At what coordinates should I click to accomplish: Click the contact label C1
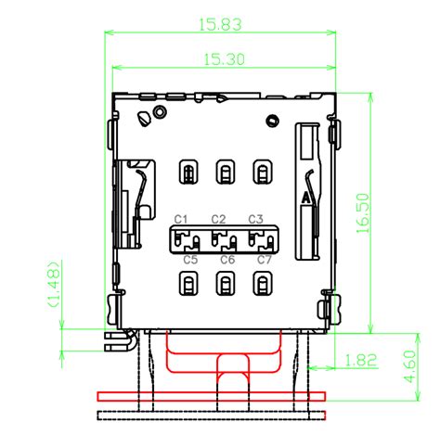coord(182,219)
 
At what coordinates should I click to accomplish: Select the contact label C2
coord(219,219)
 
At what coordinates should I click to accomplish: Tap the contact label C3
coord(256,219)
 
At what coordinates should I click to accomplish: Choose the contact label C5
coord(190,260)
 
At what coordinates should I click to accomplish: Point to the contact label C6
coord(226,260)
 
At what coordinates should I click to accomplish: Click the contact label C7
coord(265,260)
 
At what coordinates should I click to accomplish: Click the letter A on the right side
coord(304,199)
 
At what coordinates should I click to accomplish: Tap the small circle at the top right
coord(273,120)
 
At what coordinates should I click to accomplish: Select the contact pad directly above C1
coord(188,172)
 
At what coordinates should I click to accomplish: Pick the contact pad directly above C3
coord(264,172)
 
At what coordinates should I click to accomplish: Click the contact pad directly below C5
coord(188,285)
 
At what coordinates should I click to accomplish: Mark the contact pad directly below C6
coord(226,285)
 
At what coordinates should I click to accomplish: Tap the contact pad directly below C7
coord(264,285)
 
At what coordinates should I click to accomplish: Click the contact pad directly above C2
coord(226,172)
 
